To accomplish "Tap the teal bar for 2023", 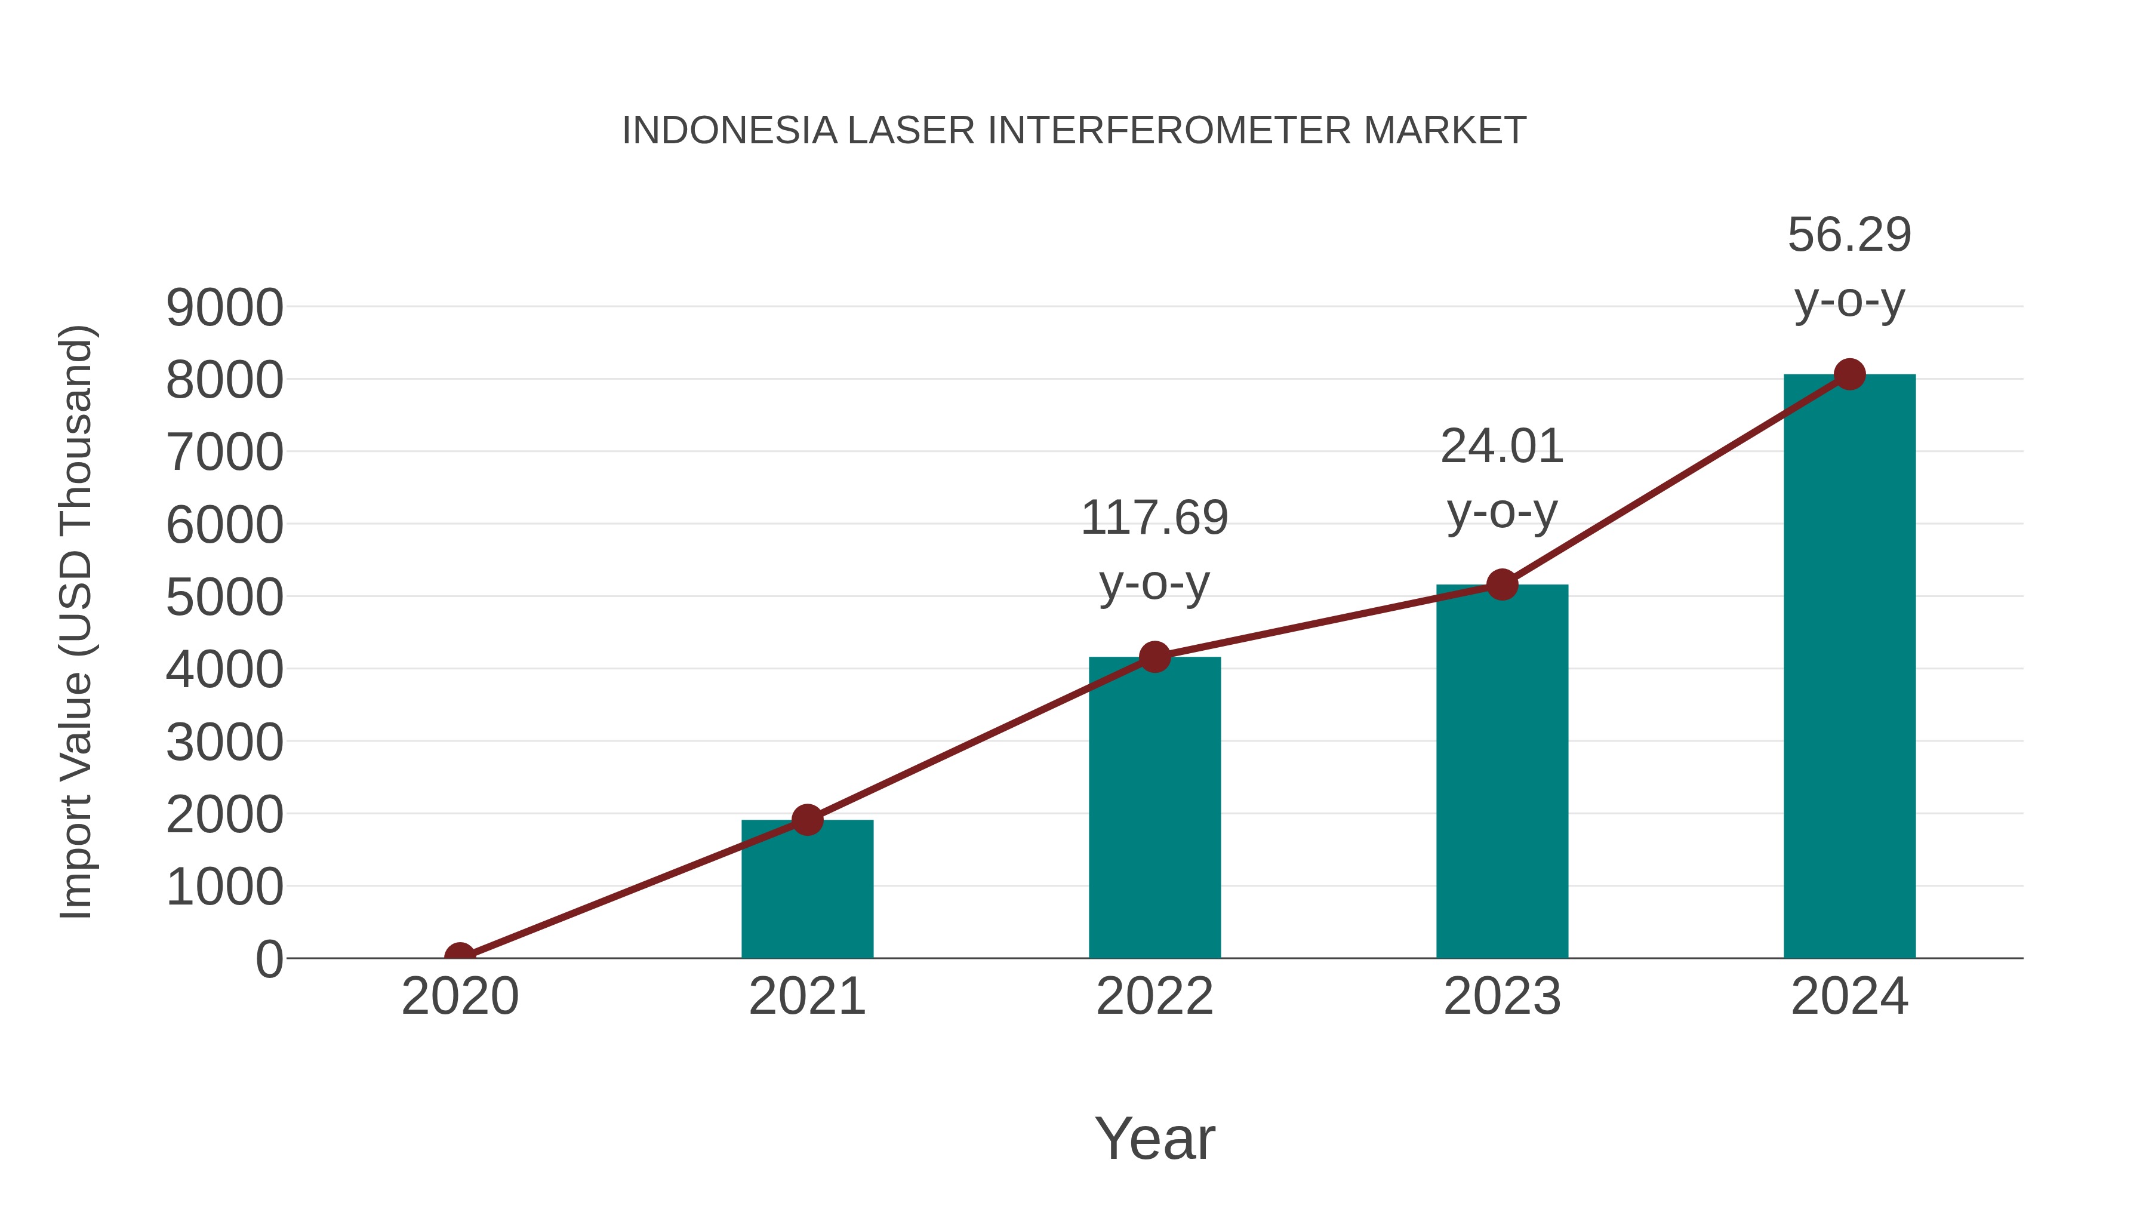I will tap(1502, 772).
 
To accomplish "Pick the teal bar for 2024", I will tap(1849, 667).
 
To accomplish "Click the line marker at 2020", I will tap(460, 956).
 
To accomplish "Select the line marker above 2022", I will tap(1154, 657).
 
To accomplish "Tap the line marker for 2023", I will tap(1502, 585).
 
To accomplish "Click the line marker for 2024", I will tap(1849, 374).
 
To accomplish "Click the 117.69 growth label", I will tap(1154, 518).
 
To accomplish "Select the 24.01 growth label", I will tap(1502, 447).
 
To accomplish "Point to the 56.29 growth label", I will tap(1849, 235).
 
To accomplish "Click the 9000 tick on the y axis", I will tap(224, 308).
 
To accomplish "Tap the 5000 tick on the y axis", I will tap(224, 598).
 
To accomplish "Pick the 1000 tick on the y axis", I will tap(224, 887).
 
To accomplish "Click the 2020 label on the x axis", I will tap(460, 996).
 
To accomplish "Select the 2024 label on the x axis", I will tap(1849, 996).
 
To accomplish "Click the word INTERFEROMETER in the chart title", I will tap(1169, 131).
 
